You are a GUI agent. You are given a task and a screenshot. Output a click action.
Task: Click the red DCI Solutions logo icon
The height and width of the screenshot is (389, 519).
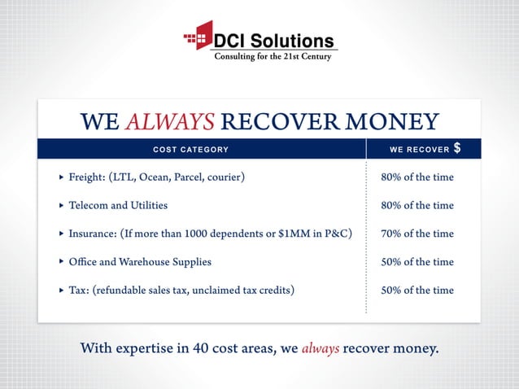[198, 37]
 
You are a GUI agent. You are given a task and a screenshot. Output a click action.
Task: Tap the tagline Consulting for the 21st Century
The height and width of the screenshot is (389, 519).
[272, 56]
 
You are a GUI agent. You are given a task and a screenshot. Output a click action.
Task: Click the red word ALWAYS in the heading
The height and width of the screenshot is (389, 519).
[170, 122]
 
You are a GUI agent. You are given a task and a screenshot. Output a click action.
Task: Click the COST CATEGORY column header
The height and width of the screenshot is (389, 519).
[191, 150]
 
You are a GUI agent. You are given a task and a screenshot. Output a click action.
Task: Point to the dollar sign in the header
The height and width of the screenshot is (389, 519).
[457, 148]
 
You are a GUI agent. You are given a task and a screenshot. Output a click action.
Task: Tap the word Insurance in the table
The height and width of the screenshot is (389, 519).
[92, 234]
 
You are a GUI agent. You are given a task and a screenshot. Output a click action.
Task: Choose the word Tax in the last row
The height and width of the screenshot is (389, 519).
[77, 291]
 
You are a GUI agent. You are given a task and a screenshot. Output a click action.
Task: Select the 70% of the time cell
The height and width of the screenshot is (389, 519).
[417, 234]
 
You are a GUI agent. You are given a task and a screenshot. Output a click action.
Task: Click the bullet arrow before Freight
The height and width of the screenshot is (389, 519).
[61, 177]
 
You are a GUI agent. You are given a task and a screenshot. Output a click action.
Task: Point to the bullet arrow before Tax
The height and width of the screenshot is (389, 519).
[61, 291]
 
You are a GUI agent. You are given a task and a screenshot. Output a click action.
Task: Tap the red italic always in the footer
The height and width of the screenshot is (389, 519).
[320, 349]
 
